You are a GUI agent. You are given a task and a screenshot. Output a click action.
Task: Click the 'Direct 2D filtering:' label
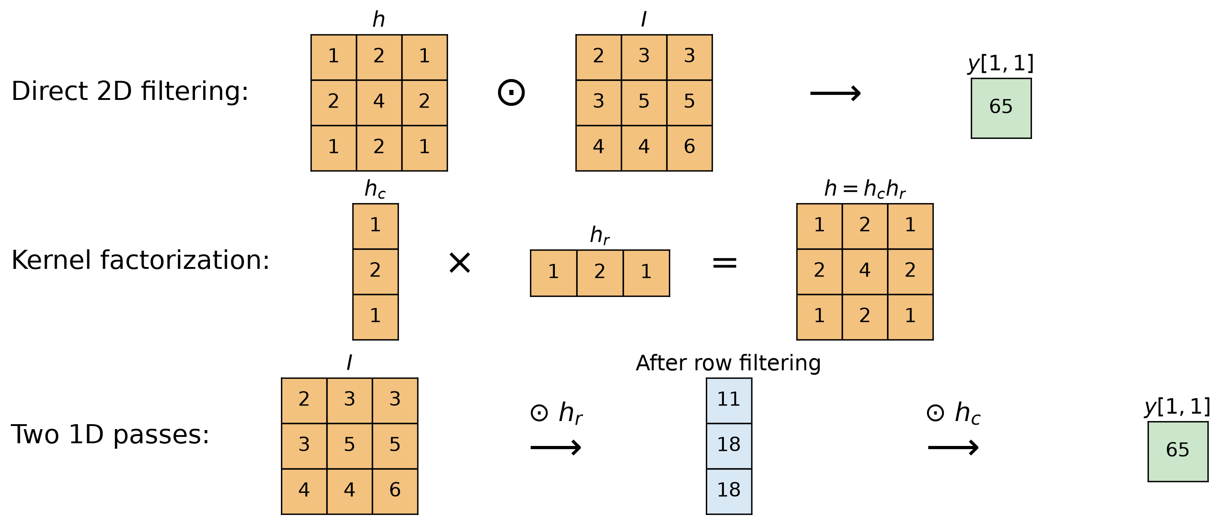[x=130, y=91]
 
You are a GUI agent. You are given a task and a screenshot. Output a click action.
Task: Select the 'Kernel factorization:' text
[x=140, y=260]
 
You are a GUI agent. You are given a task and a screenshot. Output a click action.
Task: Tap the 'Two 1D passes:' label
[x=110, y=435]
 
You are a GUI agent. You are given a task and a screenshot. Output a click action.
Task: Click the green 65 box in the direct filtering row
[x=1001, y=108]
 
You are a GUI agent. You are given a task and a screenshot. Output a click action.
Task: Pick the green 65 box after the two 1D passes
[x=1178, y=451]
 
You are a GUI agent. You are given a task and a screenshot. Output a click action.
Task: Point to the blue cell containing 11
[x=729, y=401]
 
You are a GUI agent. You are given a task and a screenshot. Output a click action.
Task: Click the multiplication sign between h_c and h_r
[x=459, y=263]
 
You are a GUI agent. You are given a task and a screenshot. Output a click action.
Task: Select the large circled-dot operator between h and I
[x=511, y=92]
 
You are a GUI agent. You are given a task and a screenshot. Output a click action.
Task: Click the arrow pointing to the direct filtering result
[x=835, y=94]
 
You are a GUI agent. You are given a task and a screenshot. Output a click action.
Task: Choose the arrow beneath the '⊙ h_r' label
[x=556, y=447]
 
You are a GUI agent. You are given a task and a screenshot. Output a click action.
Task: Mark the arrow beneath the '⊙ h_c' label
[x=953, y=447]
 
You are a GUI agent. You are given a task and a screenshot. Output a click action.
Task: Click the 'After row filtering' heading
[x=728, y=363]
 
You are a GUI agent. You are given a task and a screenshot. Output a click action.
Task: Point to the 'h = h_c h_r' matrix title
[x=865, y=189]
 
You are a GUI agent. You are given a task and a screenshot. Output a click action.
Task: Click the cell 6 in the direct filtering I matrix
[x=690, y=148]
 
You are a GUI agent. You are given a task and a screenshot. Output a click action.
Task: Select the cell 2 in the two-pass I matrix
[x=304, y=401]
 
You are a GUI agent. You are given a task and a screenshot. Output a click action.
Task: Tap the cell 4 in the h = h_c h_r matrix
[x=865, y=272]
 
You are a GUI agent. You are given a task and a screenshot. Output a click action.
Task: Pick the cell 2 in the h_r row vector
[x=600, y=273]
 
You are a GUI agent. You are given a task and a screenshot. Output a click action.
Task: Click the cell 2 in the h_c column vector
[x=375, y=272]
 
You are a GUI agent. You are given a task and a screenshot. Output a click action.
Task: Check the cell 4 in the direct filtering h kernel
[x=379, y=103]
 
